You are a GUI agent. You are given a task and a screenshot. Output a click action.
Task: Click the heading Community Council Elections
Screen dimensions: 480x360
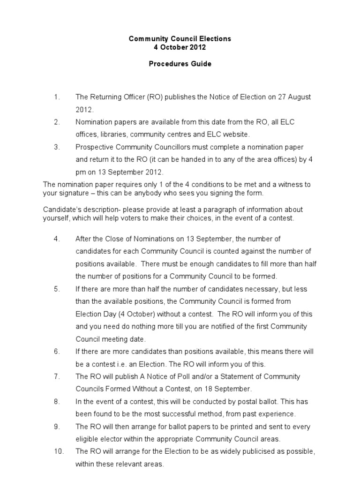tap(180, 38)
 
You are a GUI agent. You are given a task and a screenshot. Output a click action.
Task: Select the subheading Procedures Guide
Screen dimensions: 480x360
tap(180, 64)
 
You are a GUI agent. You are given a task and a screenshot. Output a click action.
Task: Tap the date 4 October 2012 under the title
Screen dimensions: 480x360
tap(180, 47)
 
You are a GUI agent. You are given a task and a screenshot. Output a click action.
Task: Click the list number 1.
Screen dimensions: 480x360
tap(56, 97)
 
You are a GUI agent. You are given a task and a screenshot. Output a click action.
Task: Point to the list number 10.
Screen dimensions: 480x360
tap(58, 451)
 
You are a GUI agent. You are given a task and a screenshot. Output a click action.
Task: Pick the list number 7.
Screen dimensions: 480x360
tap(56, 376)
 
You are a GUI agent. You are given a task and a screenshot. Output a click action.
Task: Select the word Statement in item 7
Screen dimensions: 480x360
tap(212, 376)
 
